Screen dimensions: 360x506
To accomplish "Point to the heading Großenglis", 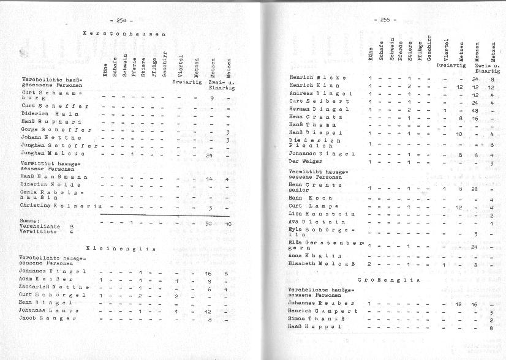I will point(389,280).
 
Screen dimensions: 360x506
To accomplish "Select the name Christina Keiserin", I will point(60,207).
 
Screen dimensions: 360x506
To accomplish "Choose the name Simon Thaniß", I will point(315,320).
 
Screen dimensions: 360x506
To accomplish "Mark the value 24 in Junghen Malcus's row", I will point(210,154).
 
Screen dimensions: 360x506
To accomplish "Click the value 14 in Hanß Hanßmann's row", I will point(209,179).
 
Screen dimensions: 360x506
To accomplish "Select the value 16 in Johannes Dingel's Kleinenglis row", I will point(208,273).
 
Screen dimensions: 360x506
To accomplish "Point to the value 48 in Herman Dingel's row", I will point(475,110).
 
